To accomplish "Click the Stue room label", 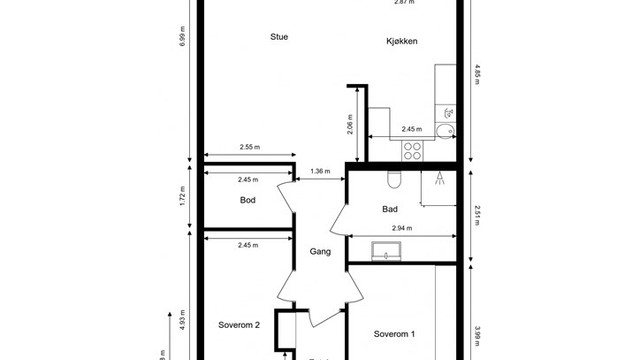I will tap(279, 37).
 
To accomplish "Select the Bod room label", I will tap(248, 200).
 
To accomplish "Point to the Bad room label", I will tap(391, 210).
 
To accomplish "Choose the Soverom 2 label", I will tap(239, 325).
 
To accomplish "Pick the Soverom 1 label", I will tap(394, 333).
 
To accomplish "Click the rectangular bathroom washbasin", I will tap(385, 251).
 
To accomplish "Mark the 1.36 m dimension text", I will tap(321, 170).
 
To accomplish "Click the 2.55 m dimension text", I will tap(249, 147).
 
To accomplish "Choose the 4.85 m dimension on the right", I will tap(476, 71).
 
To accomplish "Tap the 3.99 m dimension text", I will tap(476, 333).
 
